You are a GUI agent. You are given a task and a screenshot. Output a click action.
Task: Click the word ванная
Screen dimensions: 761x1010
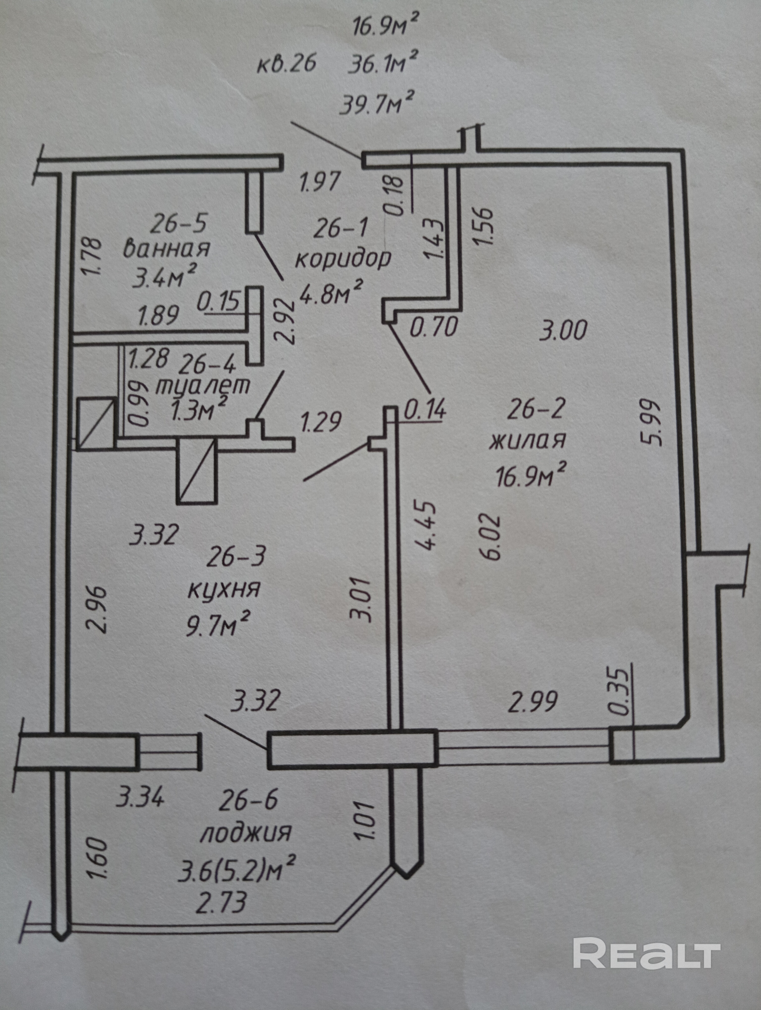point(167,249)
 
